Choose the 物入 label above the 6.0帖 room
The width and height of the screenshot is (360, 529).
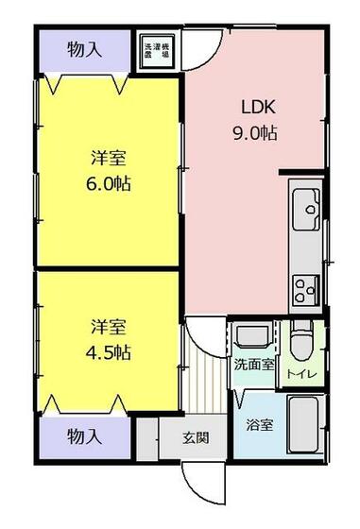point(84,47)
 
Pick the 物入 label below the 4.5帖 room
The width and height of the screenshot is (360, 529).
point(84,436)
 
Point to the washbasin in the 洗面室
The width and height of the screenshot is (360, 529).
point(251,336)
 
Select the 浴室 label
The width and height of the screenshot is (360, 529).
point(259,425)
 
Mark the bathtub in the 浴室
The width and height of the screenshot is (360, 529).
point(304,425)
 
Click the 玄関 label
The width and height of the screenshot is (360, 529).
point(196,437)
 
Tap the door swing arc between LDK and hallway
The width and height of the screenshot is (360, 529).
point(206,335)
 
